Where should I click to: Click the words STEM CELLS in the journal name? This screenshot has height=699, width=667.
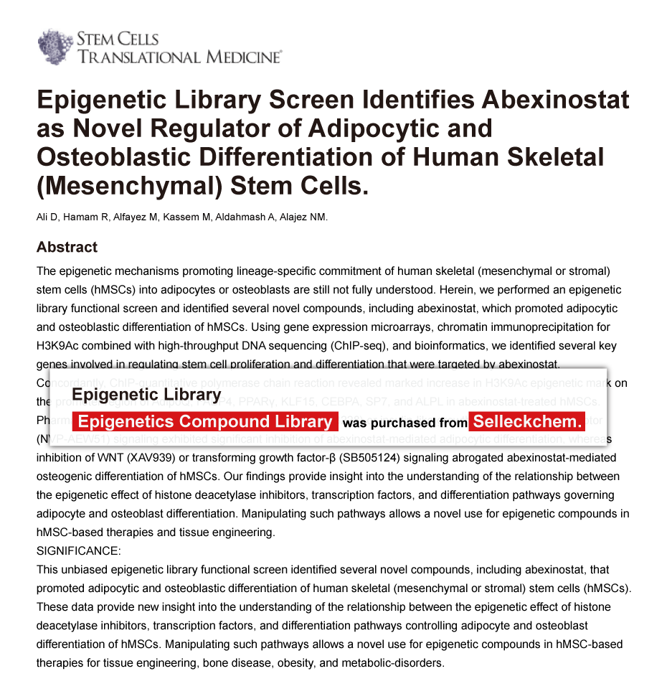[x=117, y=39]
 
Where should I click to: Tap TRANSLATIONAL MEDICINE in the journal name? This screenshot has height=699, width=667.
[x=179, y=57]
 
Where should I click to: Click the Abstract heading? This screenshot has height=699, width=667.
[x=67, y=247]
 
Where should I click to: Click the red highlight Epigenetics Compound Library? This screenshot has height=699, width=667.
[x=205, y=422]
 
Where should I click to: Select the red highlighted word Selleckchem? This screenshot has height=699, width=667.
[x=527, y=422]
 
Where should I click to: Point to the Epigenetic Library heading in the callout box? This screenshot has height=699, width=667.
[x=146, y=395]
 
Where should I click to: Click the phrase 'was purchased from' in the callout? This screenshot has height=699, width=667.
[x=405, y=423]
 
